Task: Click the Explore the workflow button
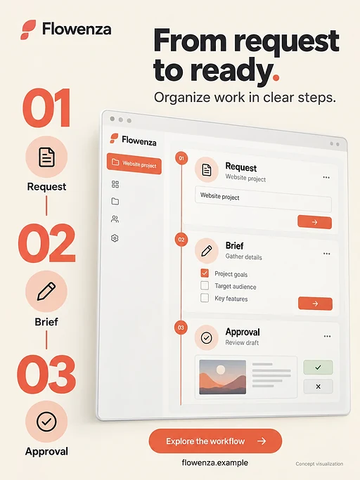pyautogui.click(x=215, y=441)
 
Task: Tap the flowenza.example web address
pyautogui.click(x=214, y=462)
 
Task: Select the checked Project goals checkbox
pyautogui.click(x=205, y=273)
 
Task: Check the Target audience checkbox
pyautogui.click(x=205, y=285)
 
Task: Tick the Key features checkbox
pyautogui.click(x=205, y=297)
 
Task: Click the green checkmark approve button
pyautogui.click(x=318, y=367)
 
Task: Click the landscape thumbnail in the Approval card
pyautogui.click(x=222, y=377)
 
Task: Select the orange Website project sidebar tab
pyautogui.click(x=134, y=164)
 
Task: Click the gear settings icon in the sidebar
pyautogui.click(x=115, y=238)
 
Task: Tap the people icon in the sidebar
pyautogui.click(x=115, y=219)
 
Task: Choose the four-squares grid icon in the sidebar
pyautogui.click(x=115, y=184)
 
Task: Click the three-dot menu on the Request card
pyautogui.click(x=326, y=177)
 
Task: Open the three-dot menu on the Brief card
pyautogui.click(x=327, y=254)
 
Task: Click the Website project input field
pyautogui.click(x=263, y=200)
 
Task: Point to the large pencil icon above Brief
pyautogui.click(x=46, y=291)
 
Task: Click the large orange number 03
pyautogui.click(x=46, y=374)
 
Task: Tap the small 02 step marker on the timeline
pyautogui.click(x=181, y=240)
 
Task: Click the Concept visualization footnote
pyautogui.click(x=319, y=464)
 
